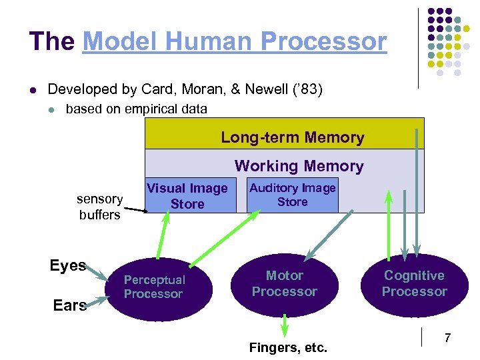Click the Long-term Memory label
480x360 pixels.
(x=293, y=138)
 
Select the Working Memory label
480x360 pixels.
(x=299, y=166)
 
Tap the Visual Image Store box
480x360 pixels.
(x=187, y=196)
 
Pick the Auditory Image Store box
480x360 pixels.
(x=293, y=195)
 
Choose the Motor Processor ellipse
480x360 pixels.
(x=285, y=283)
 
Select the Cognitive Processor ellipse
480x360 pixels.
(x=414, y=284)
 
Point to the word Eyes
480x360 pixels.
(x=67, y=265)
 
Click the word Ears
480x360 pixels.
(x=70, y=305)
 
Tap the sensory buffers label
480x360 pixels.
(x=99, y=207)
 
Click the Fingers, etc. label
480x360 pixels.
(x=288, y=347)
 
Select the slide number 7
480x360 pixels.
(x=447, y=339)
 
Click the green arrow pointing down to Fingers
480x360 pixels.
(x=285, y=324)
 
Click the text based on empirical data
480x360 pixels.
(x=136, y=109)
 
